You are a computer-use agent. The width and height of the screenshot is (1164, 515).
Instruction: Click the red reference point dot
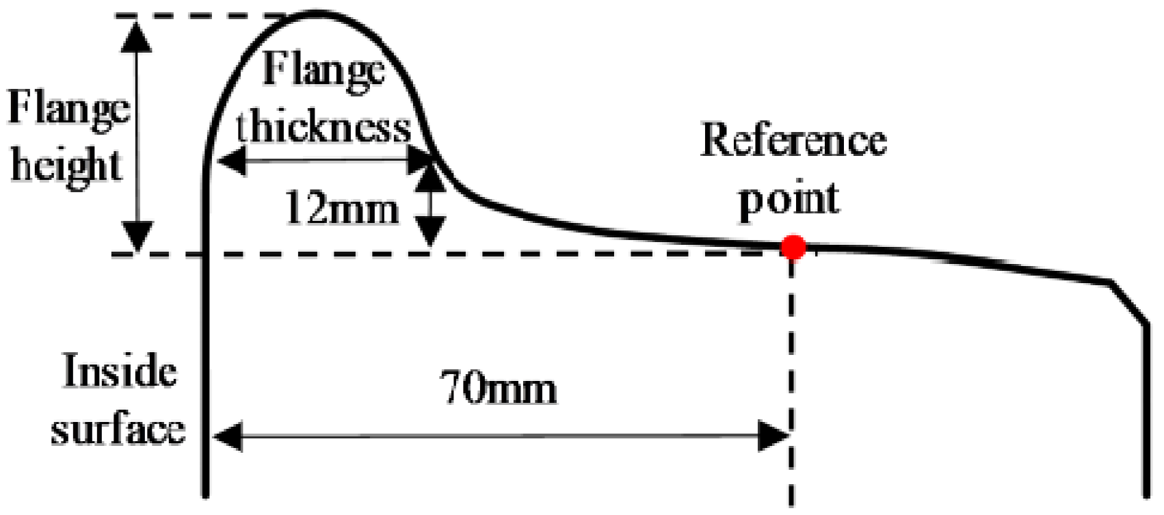(x=793, y=247)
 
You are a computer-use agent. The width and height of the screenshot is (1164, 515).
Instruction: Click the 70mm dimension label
(x=497, y=389)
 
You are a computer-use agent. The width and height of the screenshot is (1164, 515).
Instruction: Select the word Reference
(x=793, y=140)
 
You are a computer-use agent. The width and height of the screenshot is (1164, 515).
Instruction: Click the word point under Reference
(x=789, y=200)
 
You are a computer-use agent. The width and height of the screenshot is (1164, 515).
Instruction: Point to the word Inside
(x=120, y=371)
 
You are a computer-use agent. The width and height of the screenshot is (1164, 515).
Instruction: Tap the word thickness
(x=323, y=127)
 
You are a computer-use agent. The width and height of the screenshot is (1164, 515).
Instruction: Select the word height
(x=66, y=166)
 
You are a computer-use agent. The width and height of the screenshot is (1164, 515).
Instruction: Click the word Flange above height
(x=68, y=109)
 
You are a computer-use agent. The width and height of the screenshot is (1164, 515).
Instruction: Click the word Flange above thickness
(x=323, y=70)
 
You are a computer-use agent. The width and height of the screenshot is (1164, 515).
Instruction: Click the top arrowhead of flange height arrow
(x=137, y=34)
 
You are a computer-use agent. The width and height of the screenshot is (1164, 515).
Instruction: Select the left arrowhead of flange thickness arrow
(x=230, y=161)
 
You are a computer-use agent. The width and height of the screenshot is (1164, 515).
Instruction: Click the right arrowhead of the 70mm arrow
(x=776, y=436)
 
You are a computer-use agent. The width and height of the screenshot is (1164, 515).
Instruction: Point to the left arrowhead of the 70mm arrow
(x=228, y=436)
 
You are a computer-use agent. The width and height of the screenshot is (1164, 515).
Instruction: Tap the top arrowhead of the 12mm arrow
(x=430, y=176)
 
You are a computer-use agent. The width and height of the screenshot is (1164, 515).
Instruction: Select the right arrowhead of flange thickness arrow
(x=419, y=161)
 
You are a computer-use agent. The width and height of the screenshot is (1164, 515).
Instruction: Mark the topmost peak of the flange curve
(x=317, y=12)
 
